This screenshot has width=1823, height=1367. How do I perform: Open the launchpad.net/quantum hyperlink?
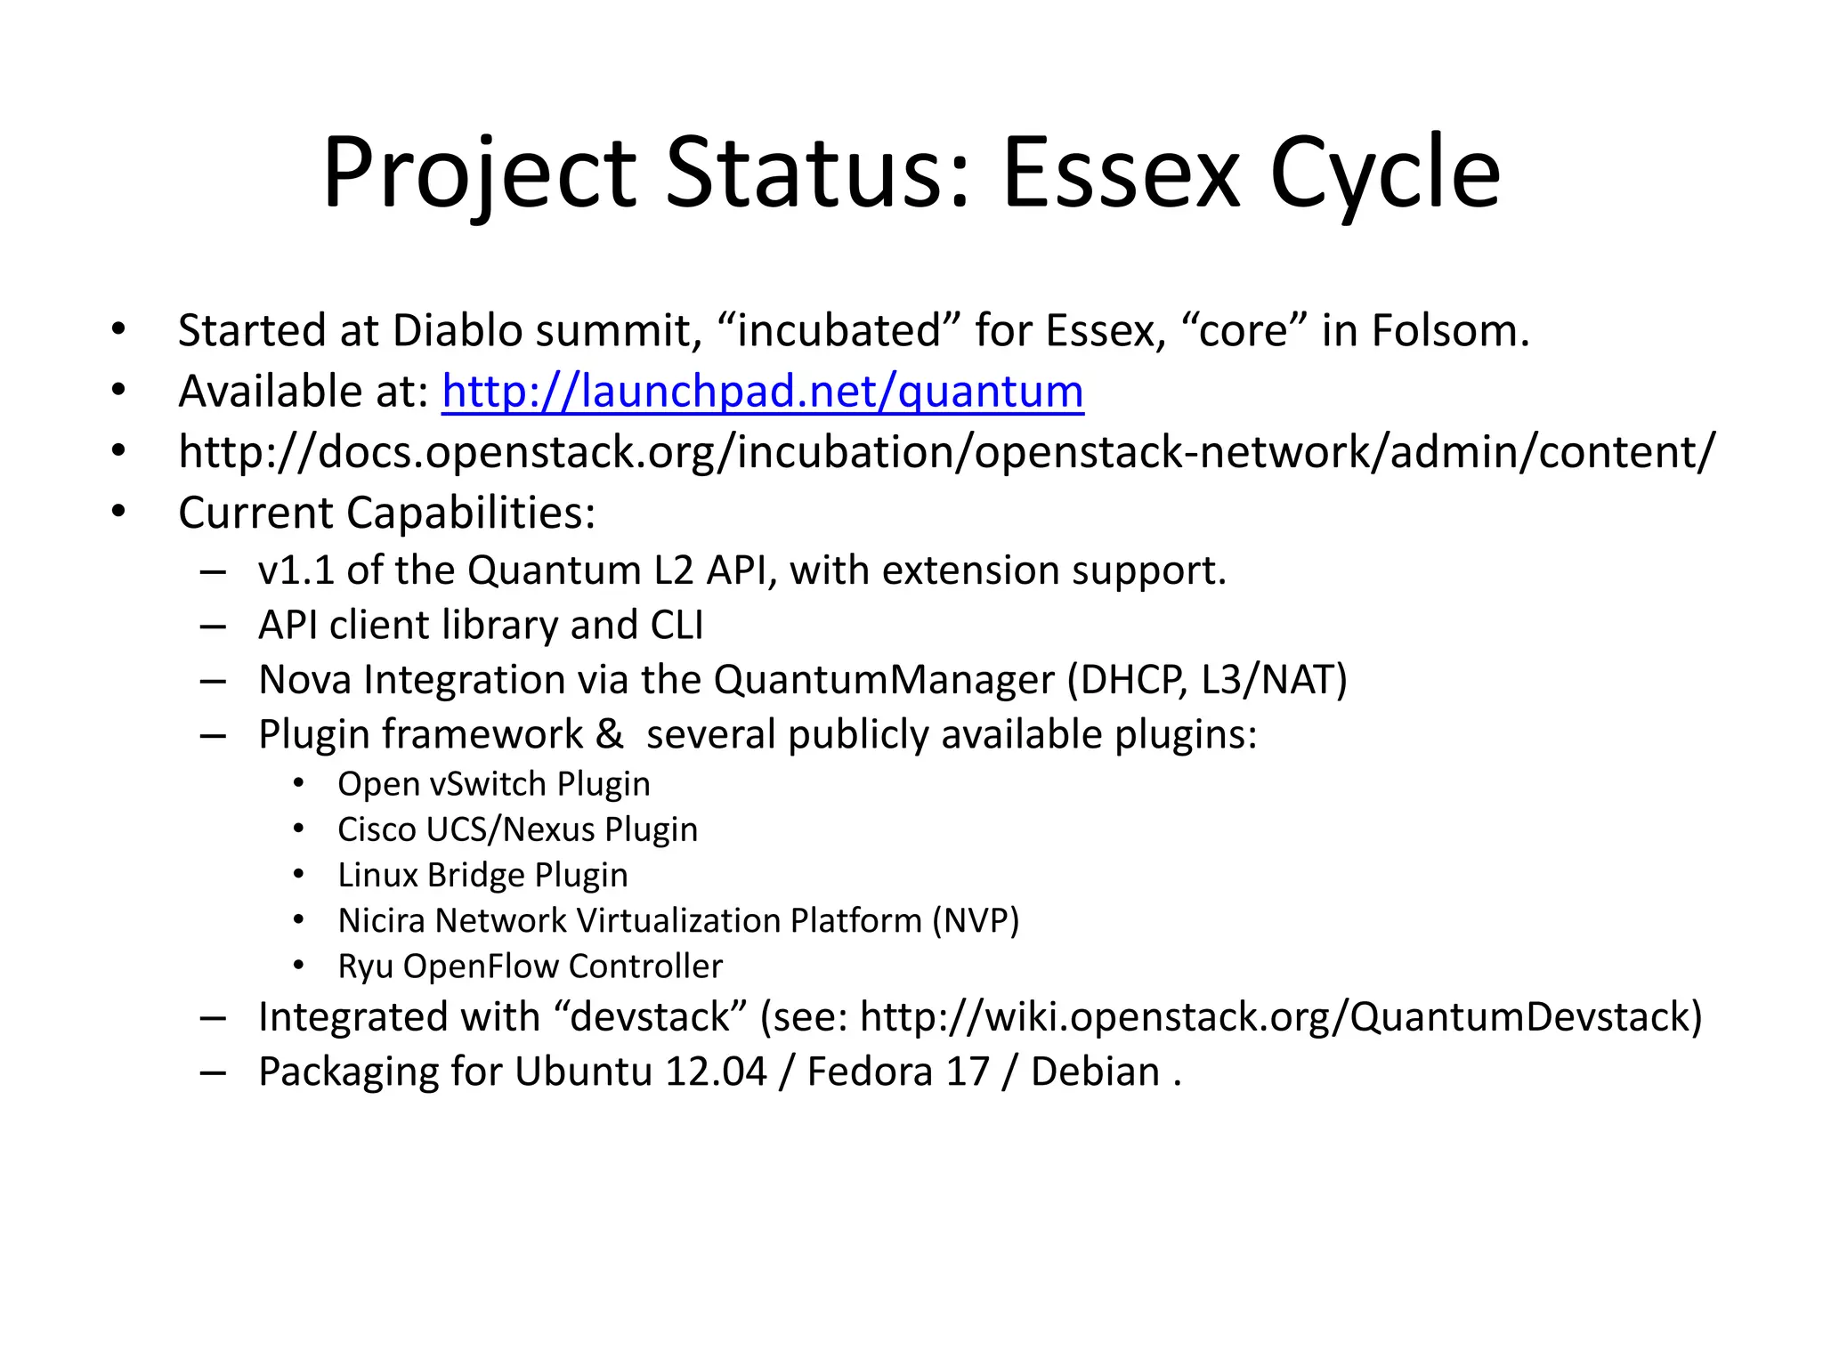[763, 392]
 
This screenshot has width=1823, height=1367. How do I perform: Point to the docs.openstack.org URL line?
[946, 452]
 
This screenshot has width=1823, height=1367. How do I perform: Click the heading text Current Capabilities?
[386, 514]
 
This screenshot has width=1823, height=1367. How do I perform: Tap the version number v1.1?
[296, 570]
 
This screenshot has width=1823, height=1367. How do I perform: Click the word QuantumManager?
[884, 680]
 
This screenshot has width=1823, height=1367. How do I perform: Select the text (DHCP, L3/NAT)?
[1207, 680]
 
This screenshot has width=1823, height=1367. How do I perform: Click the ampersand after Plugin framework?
[610, 735]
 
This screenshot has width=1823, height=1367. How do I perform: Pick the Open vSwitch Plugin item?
[494, 784]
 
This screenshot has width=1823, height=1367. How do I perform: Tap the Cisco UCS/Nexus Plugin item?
[517, 829]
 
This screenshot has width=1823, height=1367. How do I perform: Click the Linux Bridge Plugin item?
[482, 875]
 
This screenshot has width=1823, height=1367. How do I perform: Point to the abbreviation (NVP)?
[976, 920]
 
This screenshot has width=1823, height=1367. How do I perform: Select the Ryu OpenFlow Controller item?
[530, 967]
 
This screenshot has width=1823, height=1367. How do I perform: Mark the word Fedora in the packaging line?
[870, 1072]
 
